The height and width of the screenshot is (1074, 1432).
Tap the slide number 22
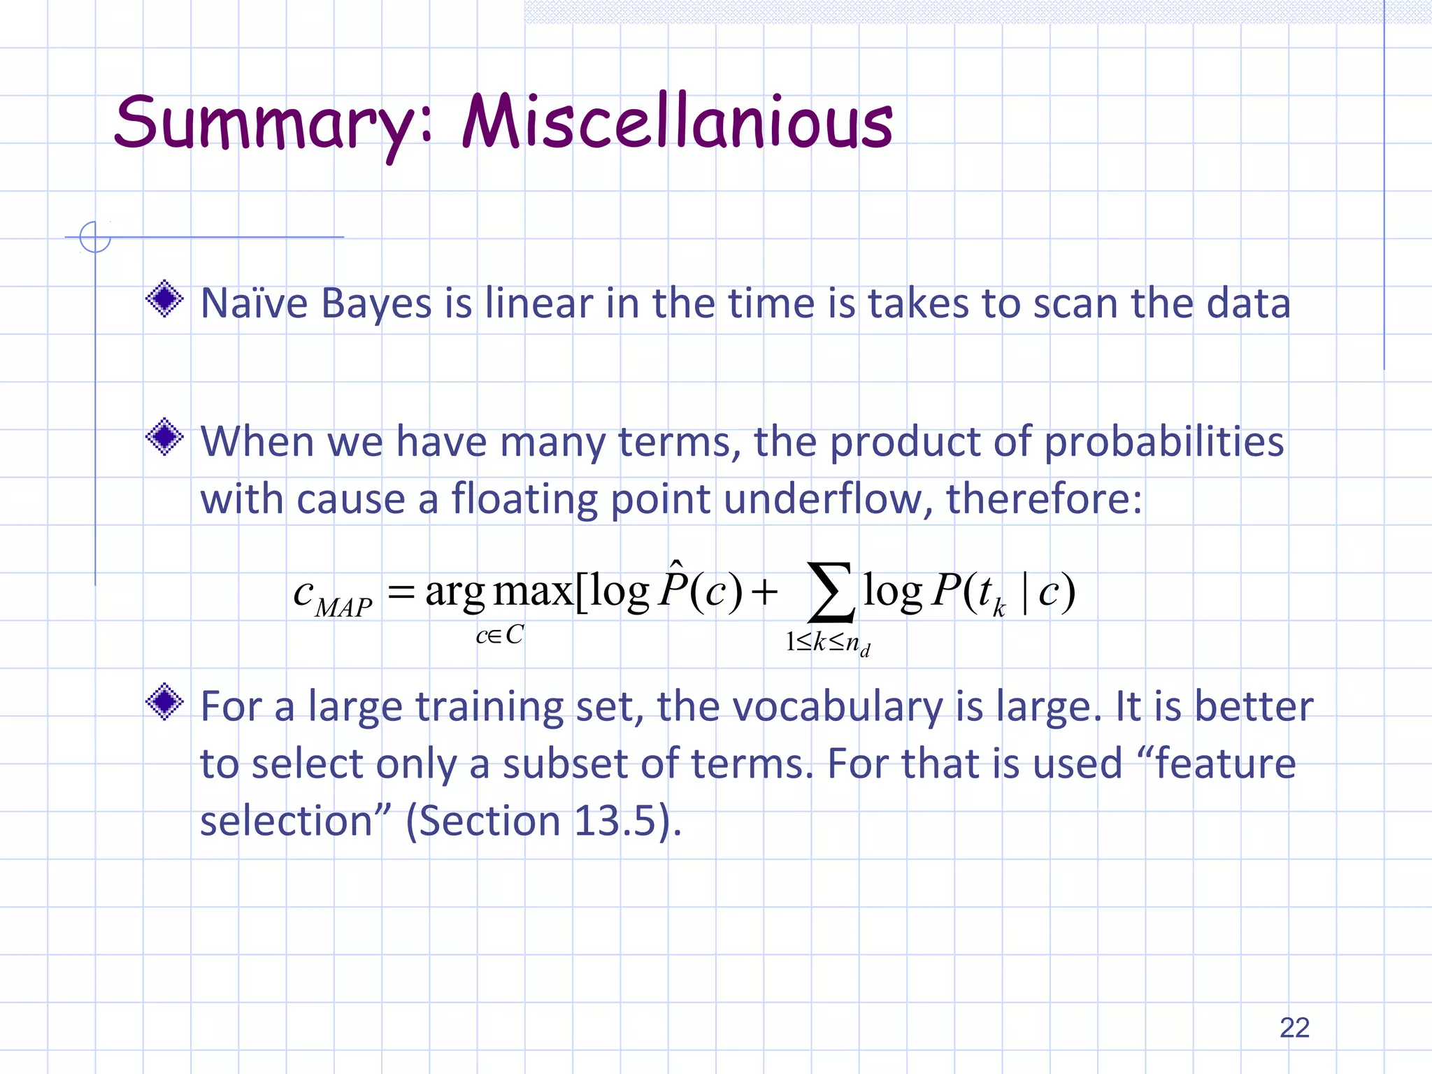1294,1027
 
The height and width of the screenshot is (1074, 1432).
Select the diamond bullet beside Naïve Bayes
165,299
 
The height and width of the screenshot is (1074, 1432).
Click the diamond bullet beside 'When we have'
165,437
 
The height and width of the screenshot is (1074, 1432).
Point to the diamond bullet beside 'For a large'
165,701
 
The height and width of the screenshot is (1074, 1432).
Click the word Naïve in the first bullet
254,303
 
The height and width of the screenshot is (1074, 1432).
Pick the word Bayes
376,305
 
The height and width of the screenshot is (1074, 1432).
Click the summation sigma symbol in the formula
830,592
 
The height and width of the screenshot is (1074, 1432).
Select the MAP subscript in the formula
343,608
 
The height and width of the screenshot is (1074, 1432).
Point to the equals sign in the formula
401,594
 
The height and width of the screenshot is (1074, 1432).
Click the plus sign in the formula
764,594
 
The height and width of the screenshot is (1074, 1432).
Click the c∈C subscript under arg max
499,635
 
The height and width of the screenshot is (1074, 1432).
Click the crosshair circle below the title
95,237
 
